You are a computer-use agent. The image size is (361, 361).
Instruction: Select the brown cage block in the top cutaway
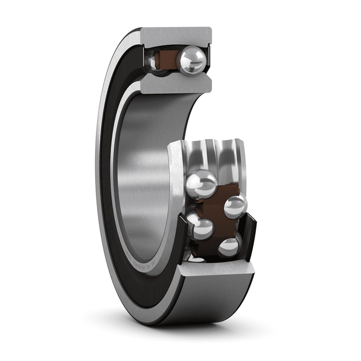[166, 59]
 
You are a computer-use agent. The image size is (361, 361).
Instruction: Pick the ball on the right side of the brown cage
[235, 206]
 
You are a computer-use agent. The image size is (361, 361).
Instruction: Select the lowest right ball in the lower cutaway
[228, 247]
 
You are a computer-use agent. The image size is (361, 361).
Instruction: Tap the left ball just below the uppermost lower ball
[202, 227]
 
